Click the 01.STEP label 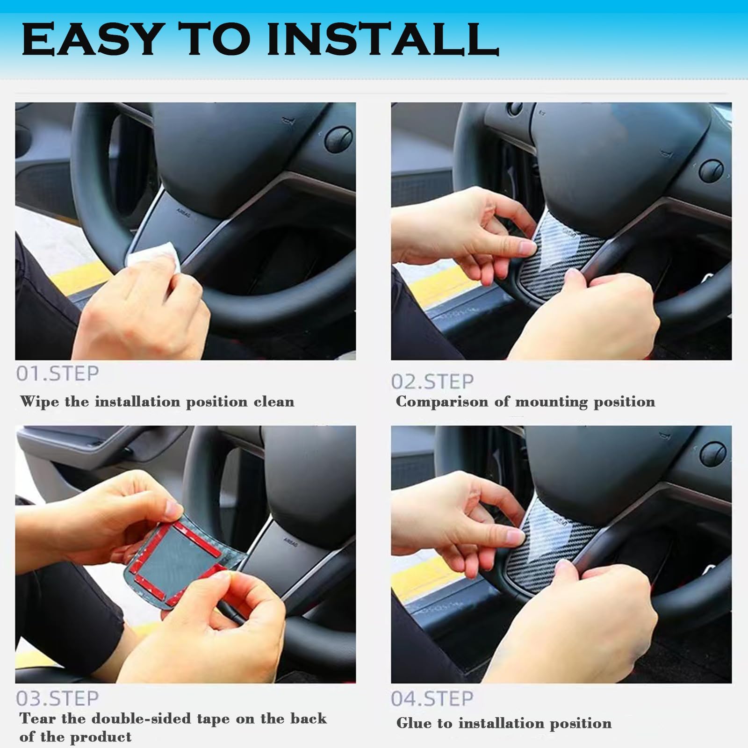click(58, 374)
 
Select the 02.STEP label click(432, 381)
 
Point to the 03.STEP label click(58, 698)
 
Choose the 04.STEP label click(432, 698)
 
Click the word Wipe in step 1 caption click(40, 402)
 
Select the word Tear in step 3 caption click(37, 718)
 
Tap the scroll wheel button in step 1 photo click(338, 138)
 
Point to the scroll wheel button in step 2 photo click(712, 170)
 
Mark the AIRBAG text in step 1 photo click(183, 211)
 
